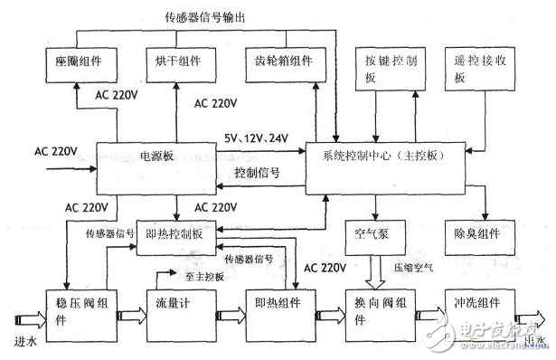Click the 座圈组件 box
pyautogui.click(x=77, y=62)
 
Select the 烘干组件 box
pyautogui.click(x=178, y=62)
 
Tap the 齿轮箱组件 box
pyautogui.click(x=280, y=62)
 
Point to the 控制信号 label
pyautogui.click(x=256, y=171)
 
